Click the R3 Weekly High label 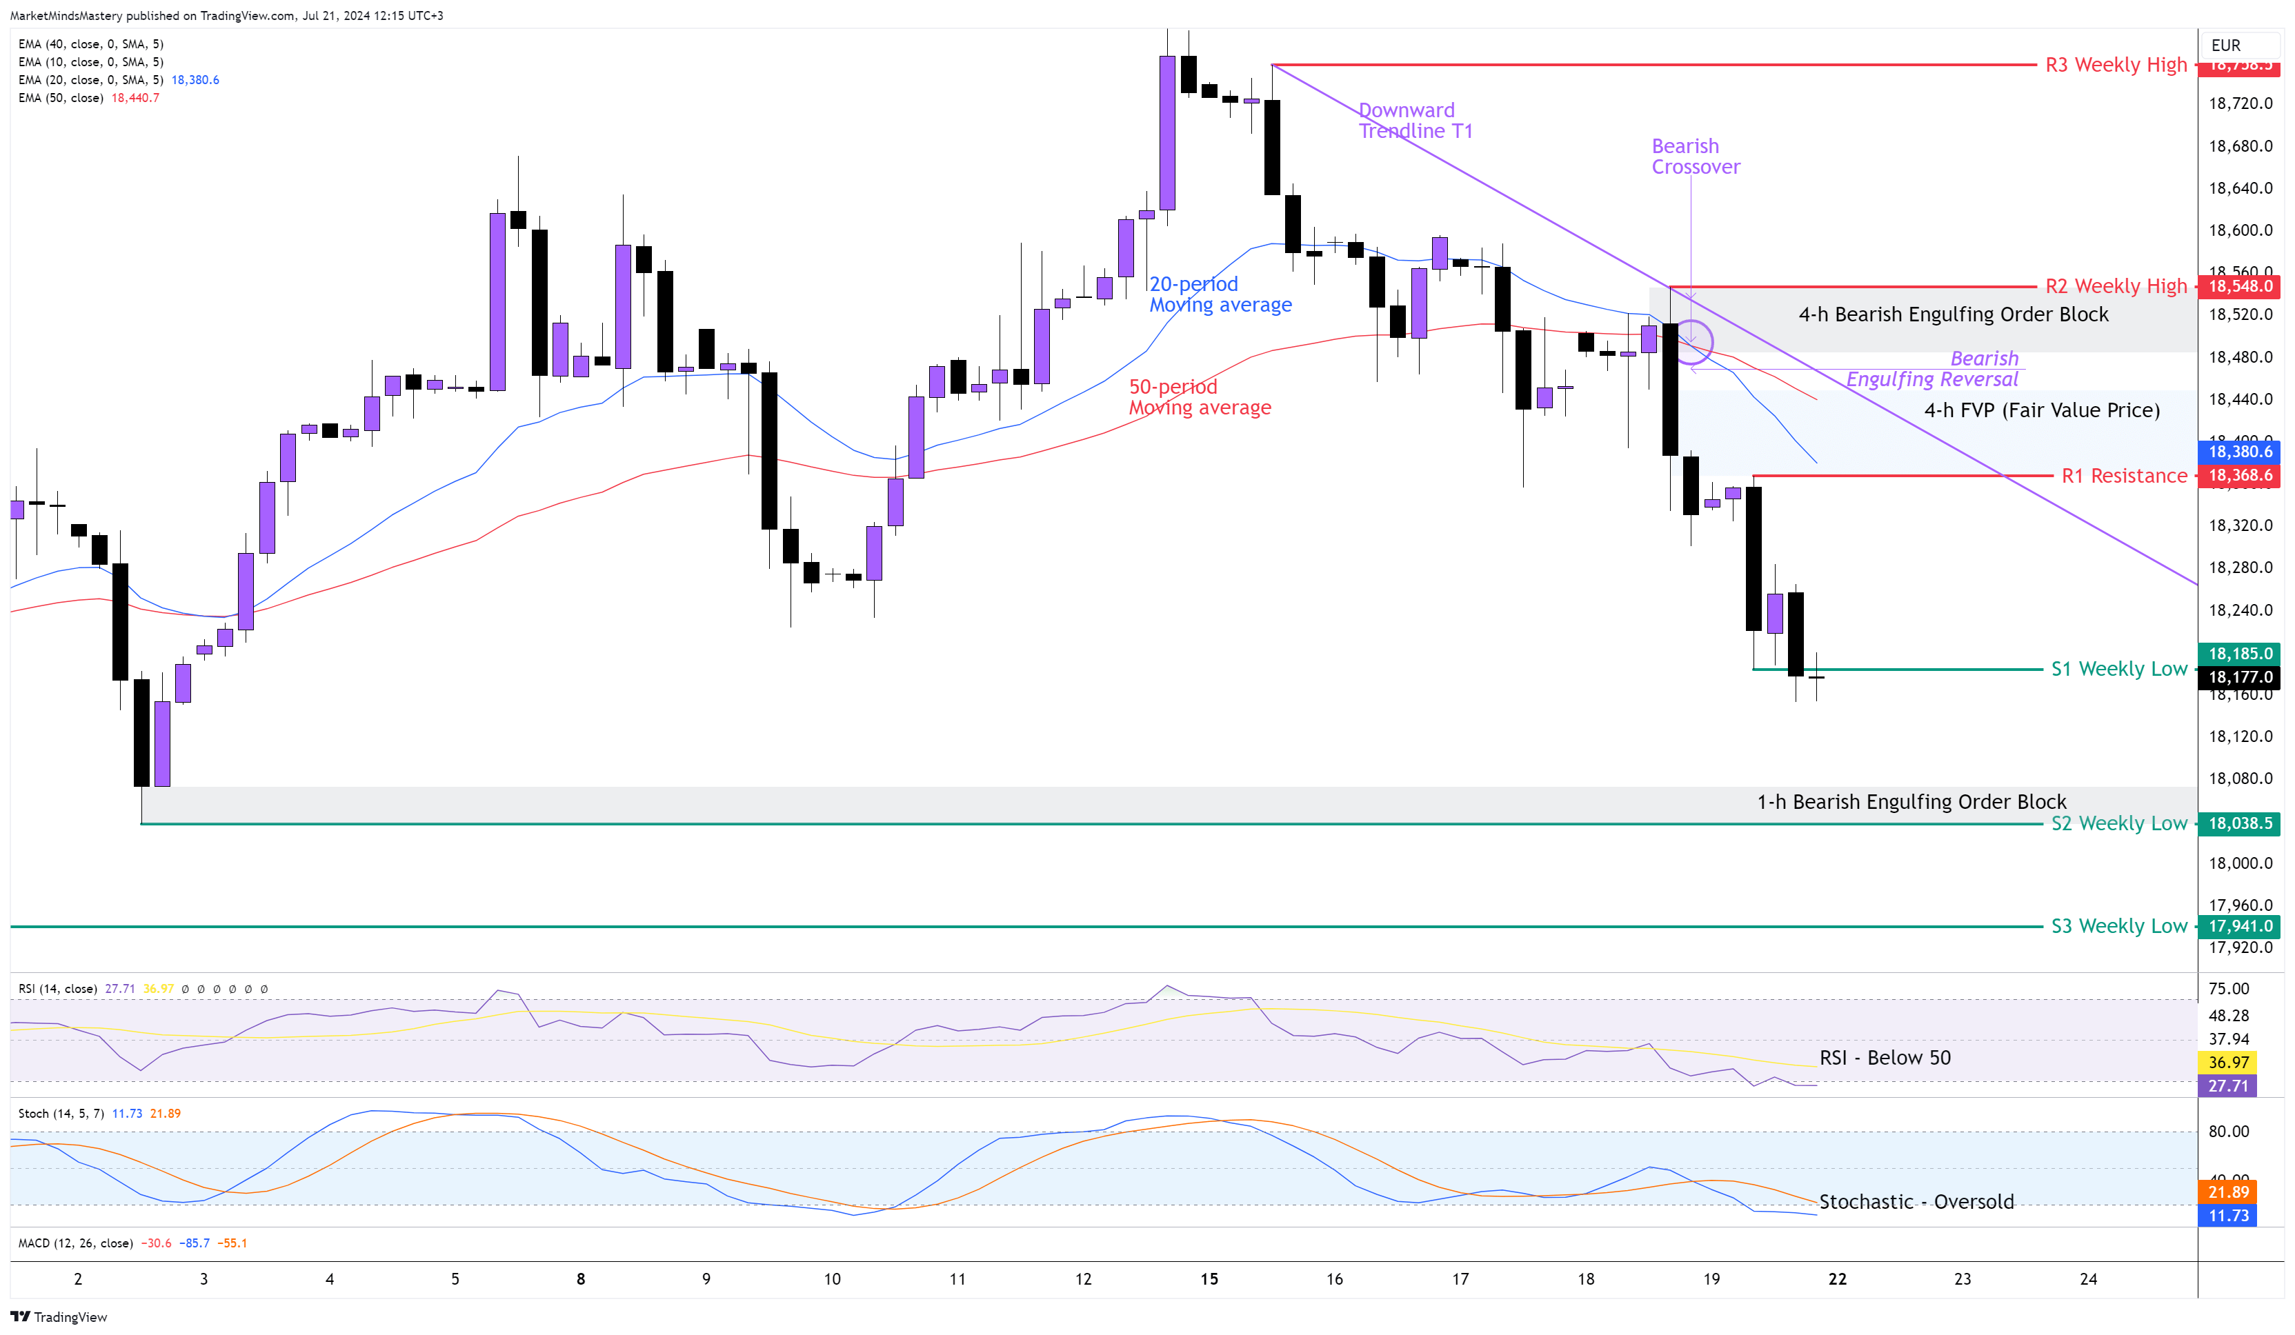point(2115,65)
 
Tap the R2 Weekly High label point(2115,286)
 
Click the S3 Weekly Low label point(2118,925)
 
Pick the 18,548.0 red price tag point(2239,286)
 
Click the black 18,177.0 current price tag point(2239,676)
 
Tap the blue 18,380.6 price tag point(2239,452)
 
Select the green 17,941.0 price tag point(2239,925)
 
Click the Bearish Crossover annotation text point(1694,157)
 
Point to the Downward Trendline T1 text point(1414,120)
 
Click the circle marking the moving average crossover point(1691,343)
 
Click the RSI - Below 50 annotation point(1885,1057)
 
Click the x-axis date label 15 point(1209,1278)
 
